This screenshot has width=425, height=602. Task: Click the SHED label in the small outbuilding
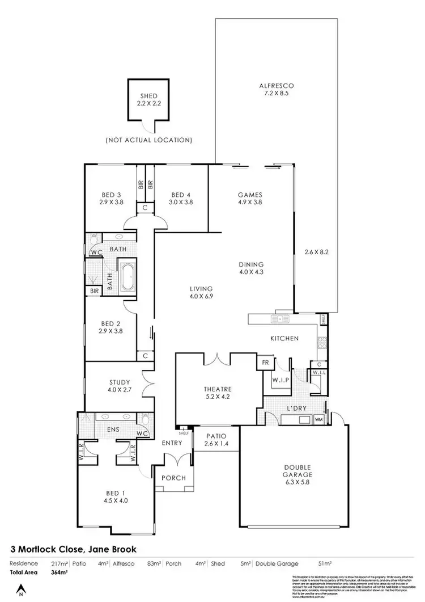[x=148, y=100]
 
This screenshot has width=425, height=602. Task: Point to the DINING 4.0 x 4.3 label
[x=252, y=268]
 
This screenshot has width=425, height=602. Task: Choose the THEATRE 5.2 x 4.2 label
[x=218, y=393]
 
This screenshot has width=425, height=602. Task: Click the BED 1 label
[x=116, y=497]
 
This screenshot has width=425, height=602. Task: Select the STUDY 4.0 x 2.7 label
[x=120, y=386]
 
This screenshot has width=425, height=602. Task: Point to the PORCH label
[x=174, y=478]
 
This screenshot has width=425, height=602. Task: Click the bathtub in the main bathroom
[x=126, y=277]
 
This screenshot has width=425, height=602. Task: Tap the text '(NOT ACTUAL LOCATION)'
[x=149, y=140]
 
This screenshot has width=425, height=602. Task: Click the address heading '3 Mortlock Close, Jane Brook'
[x=74, y=549]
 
